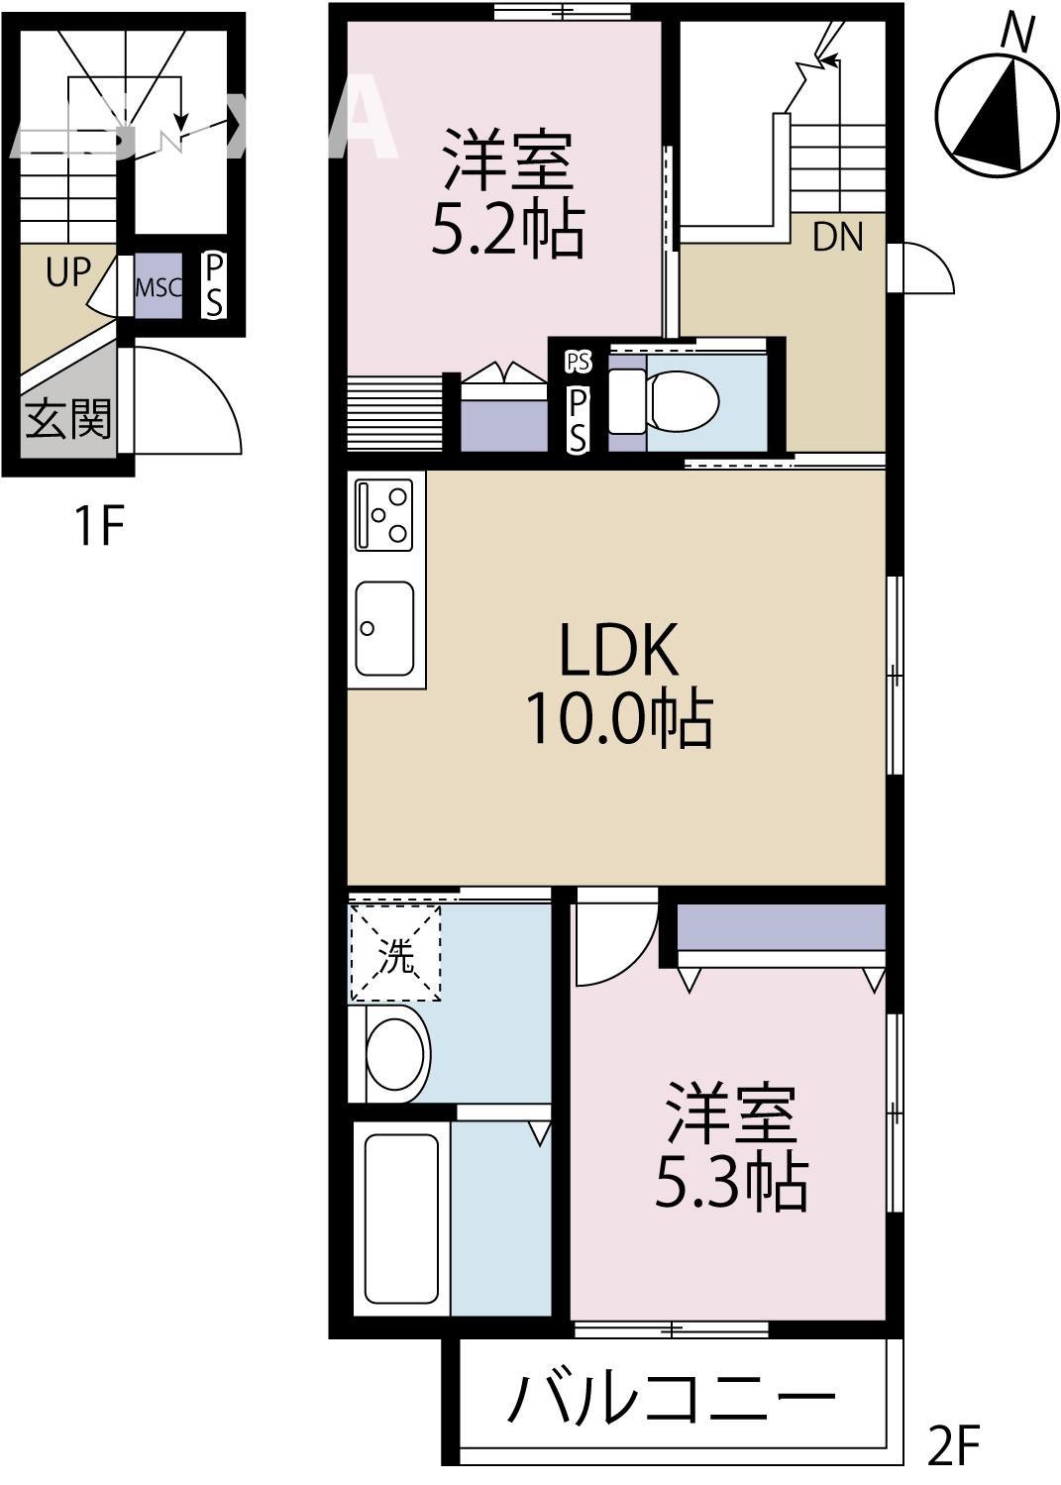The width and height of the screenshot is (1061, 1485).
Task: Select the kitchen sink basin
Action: pos(385,627)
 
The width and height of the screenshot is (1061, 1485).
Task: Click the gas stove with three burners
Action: pos(385,513)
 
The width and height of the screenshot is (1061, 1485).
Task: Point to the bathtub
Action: pos(401,1218)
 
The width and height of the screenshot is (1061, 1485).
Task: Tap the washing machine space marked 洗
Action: pos(395,952)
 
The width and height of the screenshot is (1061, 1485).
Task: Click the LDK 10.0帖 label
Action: pos(618,684)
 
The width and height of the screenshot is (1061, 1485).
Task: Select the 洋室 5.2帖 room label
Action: pos(506,193)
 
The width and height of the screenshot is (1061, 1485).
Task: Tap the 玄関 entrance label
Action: pos(67,420)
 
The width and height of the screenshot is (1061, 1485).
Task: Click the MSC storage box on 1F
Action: pos(159,288)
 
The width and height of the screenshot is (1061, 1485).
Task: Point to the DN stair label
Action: pos(837,237)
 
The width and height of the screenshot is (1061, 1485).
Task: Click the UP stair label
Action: pos(67,271)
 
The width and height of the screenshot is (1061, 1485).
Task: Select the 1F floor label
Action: pos(98,525)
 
